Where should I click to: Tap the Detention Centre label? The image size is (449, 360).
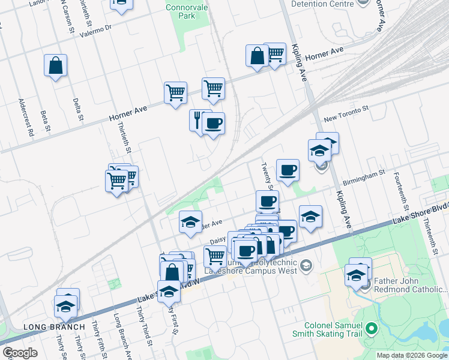click(x=322, y=4)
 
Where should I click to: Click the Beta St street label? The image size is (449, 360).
click(x=45, y=120)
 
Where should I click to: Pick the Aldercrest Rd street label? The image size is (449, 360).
click(x=25, y=117)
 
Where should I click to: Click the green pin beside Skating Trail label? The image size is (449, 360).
click(x=372, y=328)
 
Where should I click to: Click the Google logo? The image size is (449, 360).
click(x=20, y=353)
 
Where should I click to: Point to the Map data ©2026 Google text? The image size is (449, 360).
click(x=412, y=355)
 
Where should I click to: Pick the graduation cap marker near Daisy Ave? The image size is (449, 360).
click(x=190, y=223)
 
